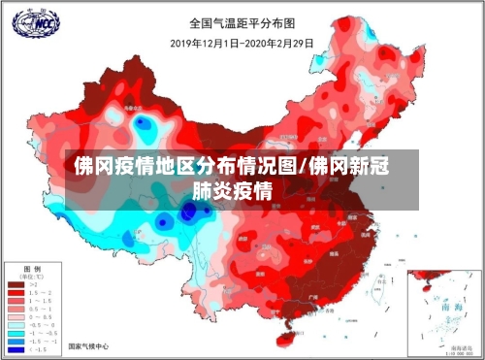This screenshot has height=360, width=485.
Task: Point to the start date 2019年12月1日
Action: (206, 42)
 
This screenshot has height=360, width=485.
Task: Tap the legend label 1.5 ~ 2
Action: (41, 293)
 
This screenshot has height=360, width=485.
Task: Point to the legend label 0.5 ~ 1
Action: (41, 310)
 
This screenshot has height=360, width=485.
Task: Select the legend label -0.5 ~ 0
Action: (41, 326)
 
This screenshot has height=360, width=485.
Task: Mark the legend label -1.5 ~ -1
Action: (41, 342)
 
